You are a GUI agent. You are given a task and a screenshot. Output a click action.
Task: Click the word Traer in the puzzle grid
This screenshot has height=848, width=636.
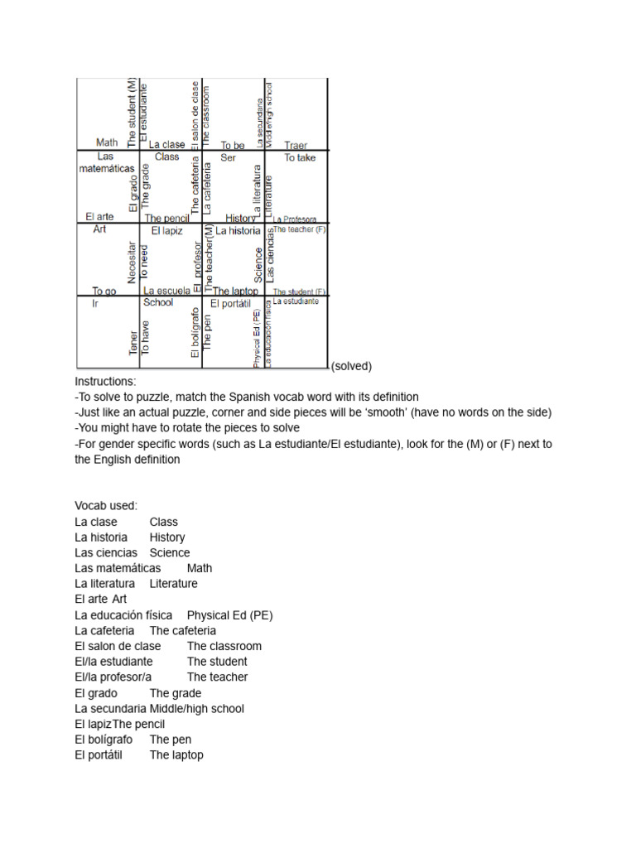[296, 145]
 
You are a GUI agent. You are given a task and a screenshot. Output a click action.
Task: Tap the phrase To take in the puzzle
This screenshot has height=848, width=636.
[300, 157]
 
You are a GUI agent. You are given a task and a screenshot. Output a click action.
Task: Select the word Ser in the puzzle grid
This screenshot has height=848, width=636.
[229, 157]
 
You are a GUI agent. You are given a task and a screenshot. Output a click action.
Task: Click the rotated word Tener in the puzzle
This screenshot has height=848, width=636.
[133, 343]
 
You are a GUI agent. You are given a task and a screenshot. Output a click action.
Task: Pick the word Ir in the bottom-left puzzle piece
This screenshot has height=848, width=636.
[95, 303]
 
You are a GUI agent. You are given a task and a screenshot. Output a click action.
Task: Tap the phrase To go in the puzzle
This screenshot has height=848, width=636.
[104, 291]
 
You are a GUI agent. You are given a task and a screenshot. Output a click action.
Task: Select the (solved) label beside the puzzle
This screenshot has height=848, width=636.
[351, 366]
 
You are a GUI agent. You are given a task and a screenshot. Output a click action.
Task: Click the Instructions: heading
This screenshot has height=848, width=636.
[105, 382]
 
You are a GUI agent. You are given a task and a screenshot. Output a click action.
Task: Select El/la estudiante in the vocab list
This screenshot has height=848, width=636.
[113, 662]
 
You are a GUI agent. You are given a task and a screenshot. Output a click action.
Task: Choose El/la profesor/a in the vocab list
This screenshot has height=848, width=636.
[113, 677]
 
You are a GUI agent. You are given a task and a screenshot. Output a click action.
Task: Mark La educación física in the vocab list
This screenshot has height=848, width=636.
[123, 615]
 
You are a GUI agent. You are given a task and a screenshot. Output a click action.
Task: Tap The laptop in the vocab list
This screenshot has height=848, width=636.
[176, 754]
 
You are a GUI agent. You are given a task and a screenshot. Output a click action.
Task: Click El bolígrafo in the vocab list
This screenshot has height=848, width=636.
[104, 739]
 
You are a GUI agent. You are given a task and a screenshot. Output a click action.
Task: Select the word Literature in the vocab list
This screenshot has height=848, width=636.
[174, 584]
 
